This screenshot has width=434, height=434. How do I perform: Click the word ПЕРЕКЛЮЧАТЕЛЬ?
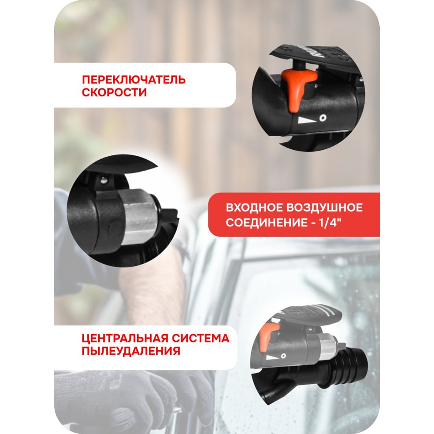pyautogui.click(x=134, y=80)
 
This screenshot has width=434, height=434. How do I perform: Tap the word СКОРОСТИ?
pyautogui.click(x=114, y=92)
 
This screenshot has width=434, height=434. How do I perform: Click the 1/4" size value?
pyautogui.click(x=330, y=223)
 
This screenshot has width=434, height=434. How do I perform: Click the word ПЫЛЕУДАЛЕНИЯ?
pyautogui.click(x=131, y=351)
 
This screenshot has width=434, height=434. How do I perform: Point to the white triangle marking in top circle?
pyautogui.click(x=307, y=120)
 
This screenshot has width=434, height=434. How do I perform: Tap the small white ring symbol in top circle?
pyautogui.click(x=322, y=118)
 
